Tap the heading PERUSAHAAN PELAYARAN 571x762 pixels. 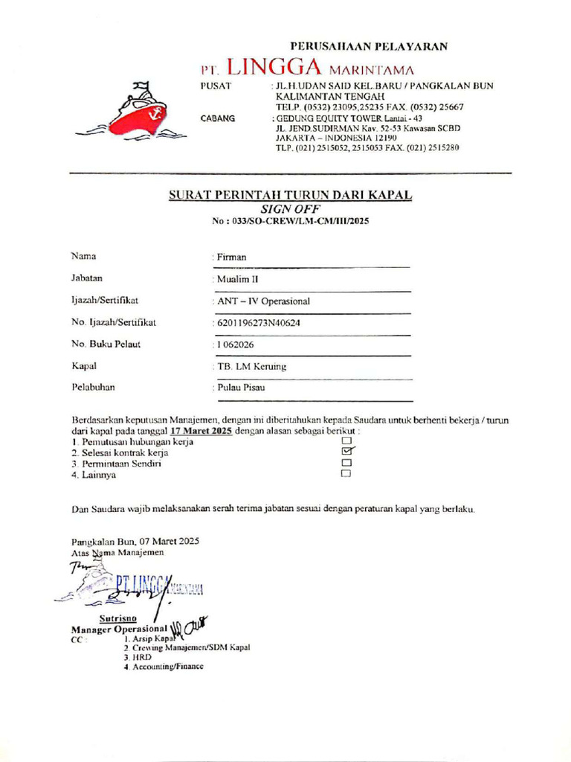click(369, 47)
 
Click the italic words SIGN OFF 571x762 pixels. click(291, 210)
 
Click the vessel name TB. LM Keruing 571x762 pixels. click(251, 367)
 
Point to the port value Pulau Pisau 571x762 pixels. click(240, 388)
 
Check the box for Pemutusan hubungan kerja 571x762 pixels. click(346, 441)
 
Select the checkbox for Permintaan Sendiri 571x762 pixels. click(346, 463)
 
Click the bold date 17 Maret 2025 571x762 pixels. click(201, 431)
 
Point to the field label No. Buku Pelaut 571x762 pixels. click(106, 344)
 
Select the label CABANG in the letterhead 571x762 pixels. click(218, 118)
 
